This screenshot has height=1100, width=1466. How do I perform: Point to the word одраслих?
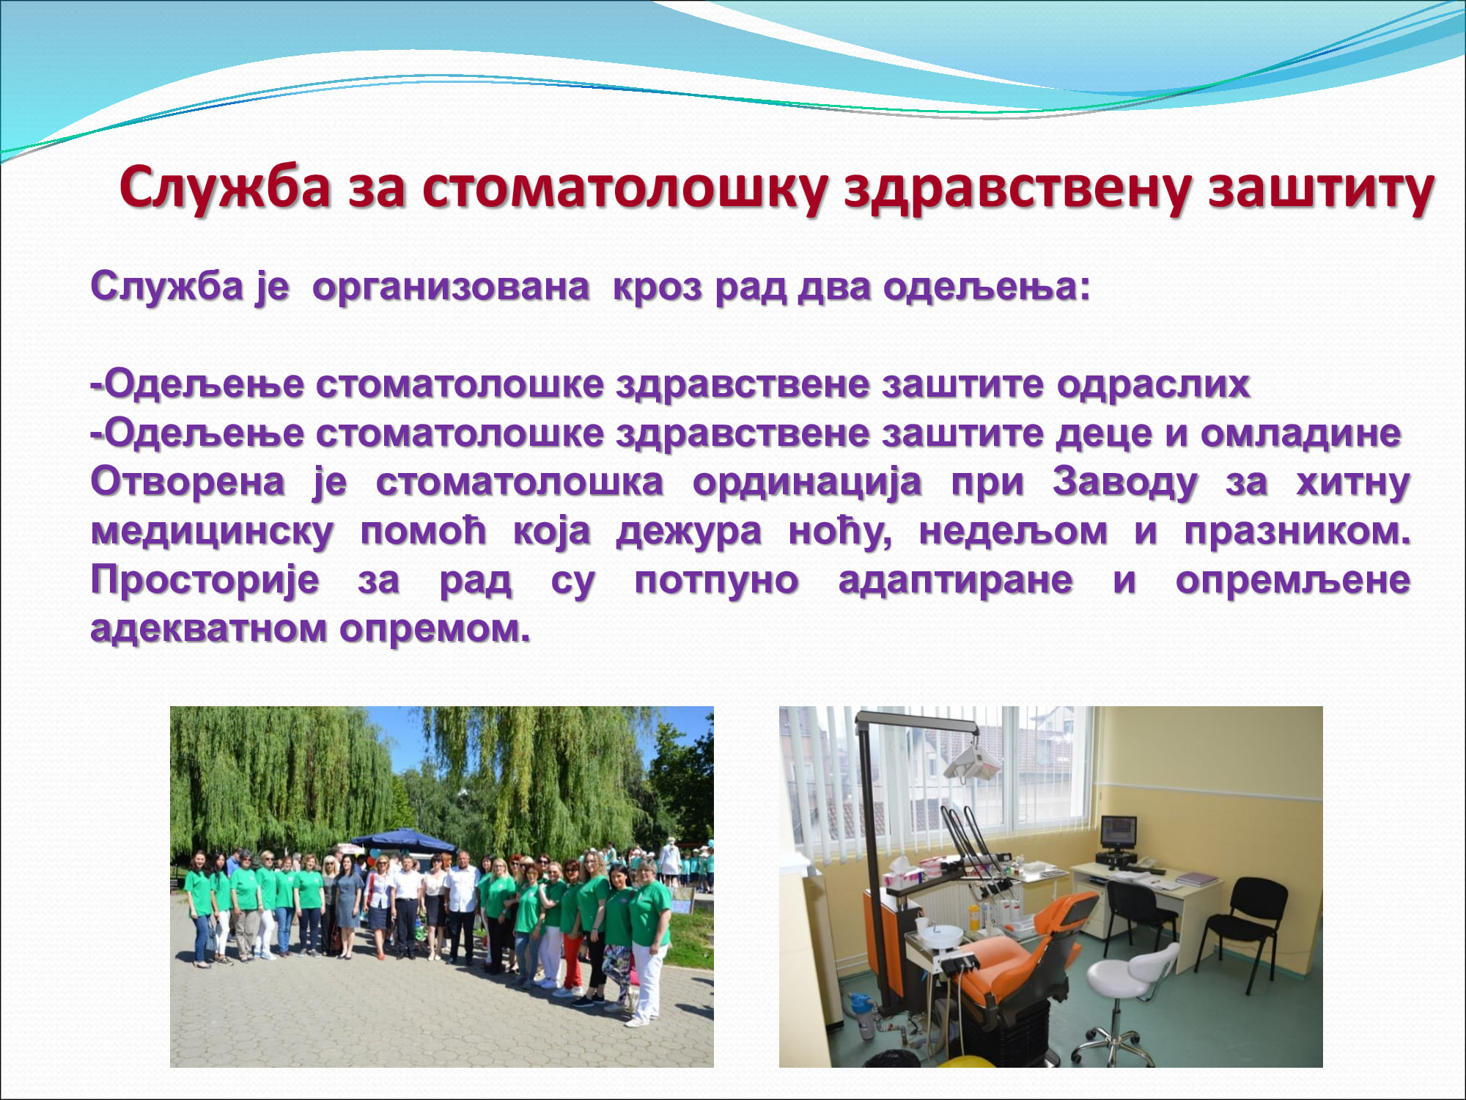click(x=1153, y=384)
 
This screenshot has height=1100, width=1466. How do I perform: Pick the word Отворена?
click(x=188, y=482)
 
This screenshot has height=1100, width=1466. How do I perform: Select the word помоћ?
click(x=423, y=530)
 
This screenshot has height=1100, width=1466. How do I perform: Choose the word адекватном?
click(x=209, y=628)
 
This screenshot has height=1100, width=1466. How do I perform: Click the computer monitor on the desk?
click(x=1119, y=834)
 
